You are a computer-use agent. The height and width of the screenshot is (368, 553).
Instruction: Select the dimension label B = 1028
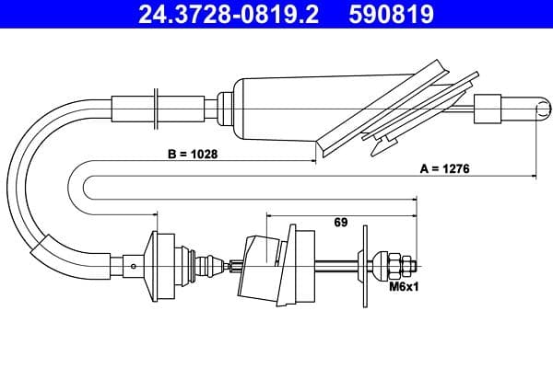[x=193, y=155]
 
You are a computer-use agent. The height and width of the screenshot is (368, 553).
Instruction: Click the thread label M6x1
[x=404, y=288]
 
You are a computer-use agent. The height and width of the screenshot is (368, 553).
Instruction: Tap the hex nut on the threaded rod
[x=395, y=268]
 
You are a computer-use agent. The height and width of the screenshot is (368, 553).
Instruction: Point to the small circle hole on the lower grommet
[x=135, y=268]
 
